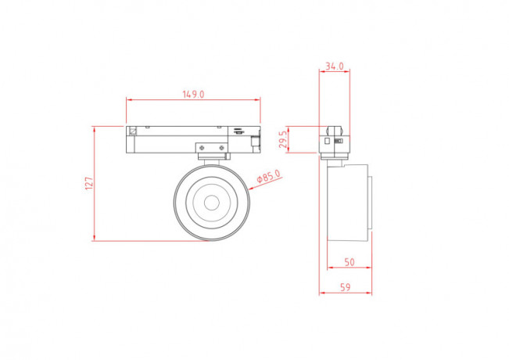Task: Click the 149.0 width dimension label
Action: (193, 94)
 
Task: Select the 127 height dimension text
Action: (89, 183)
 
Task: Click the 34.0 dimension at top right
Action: (335, 67)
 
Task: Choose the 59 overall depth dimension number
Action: (345, 287)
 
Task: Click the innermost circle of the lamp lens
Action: (210, 201)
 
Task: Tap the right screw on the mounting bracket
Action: (222, 148)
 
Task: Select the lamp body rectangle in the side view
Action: (348, 200)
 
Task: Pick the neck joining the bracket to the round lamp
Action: (211, 160)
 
